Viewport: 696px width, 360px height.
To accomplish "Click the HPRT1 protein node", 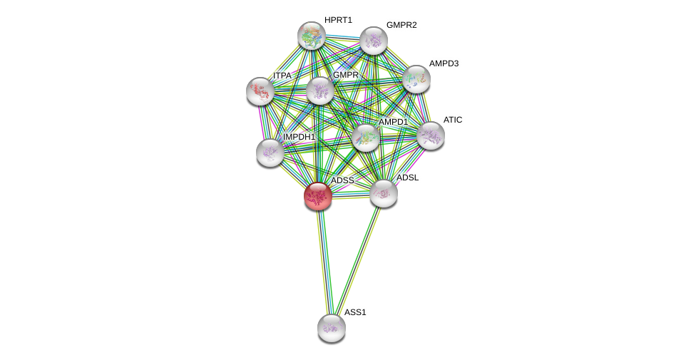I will click(x=312, y=36).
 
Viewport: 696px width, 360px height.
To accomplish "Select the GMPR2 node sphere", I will click(x=374, y=41).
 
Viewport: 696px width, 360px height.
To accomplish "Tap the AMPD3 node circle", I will click(x=416, y=79).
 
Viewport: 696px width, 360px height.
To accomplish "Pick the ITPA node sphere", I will click(x=260, y=91).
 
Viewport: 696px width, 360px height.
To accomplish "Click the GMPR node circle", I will click(x=320, y=91).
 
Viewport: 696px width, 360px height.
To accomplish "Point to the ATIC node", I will click(x=431, y=135).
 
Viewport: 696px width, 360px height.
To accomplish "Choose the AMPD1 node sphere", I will click(x=366, y=138).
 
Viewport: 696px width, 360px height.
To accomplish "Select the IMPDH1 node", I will click(x=270, y=152).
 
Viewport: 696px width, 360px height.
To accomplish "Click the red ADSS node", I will click(x=318, y=196).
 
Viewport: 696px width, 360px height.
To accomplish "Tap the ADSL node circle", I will click(x=384, y=193).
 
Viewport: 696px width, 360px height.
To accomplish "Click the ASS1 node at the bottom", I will click(x=332, y=328).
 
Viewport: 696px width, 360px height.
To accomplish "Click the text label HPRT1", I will click(x=338, y=20).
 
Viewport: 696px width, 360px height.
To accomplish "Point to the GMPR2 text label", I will click(x=401, y=25).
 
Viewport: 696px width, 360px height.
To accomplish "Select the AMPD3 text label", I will click(x=444, y=63).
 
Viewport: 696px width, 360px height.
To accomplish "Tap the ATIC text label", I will click(x=453, y=120).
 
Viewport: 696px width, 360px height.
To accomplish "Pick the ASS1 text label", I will click(x=354, y=312).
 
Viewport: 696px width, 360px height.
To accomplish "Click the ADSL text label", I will click(x=408, y=178).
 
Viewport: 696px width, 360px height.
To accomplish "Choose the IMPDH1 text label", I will click(x=299, y=137).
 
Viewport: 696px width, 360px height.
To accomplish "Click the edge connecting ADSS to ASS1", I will click(x=324, y=260).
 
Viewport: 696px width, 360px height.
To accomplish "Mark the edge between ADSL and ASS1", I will click(x=358, y=259).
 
